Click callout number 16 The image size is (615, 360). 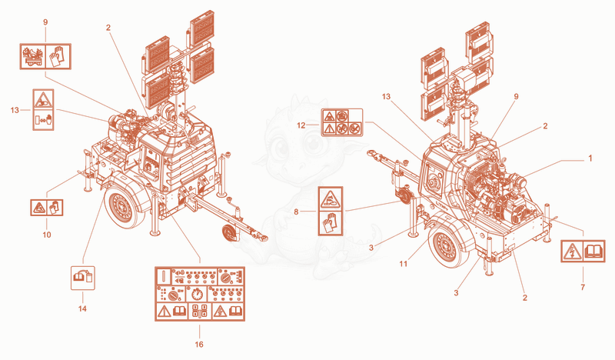pos(199,345)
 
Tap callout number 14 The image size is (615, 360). pos(82,308)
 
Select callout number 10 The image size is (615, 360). pos(47,235)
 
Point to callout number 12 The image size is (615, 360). pos(301,125)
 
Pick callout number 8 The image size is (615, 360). pos(296,212)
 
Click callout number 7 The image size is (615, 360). pos(583,288)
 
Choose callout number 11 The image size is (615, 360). pos(404,264)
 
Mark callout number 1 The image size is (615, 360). pos(590,158)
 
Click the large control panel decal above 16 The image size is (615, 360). pos(200,294)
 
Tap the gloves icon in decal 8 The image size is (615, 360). pos(331,223)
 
